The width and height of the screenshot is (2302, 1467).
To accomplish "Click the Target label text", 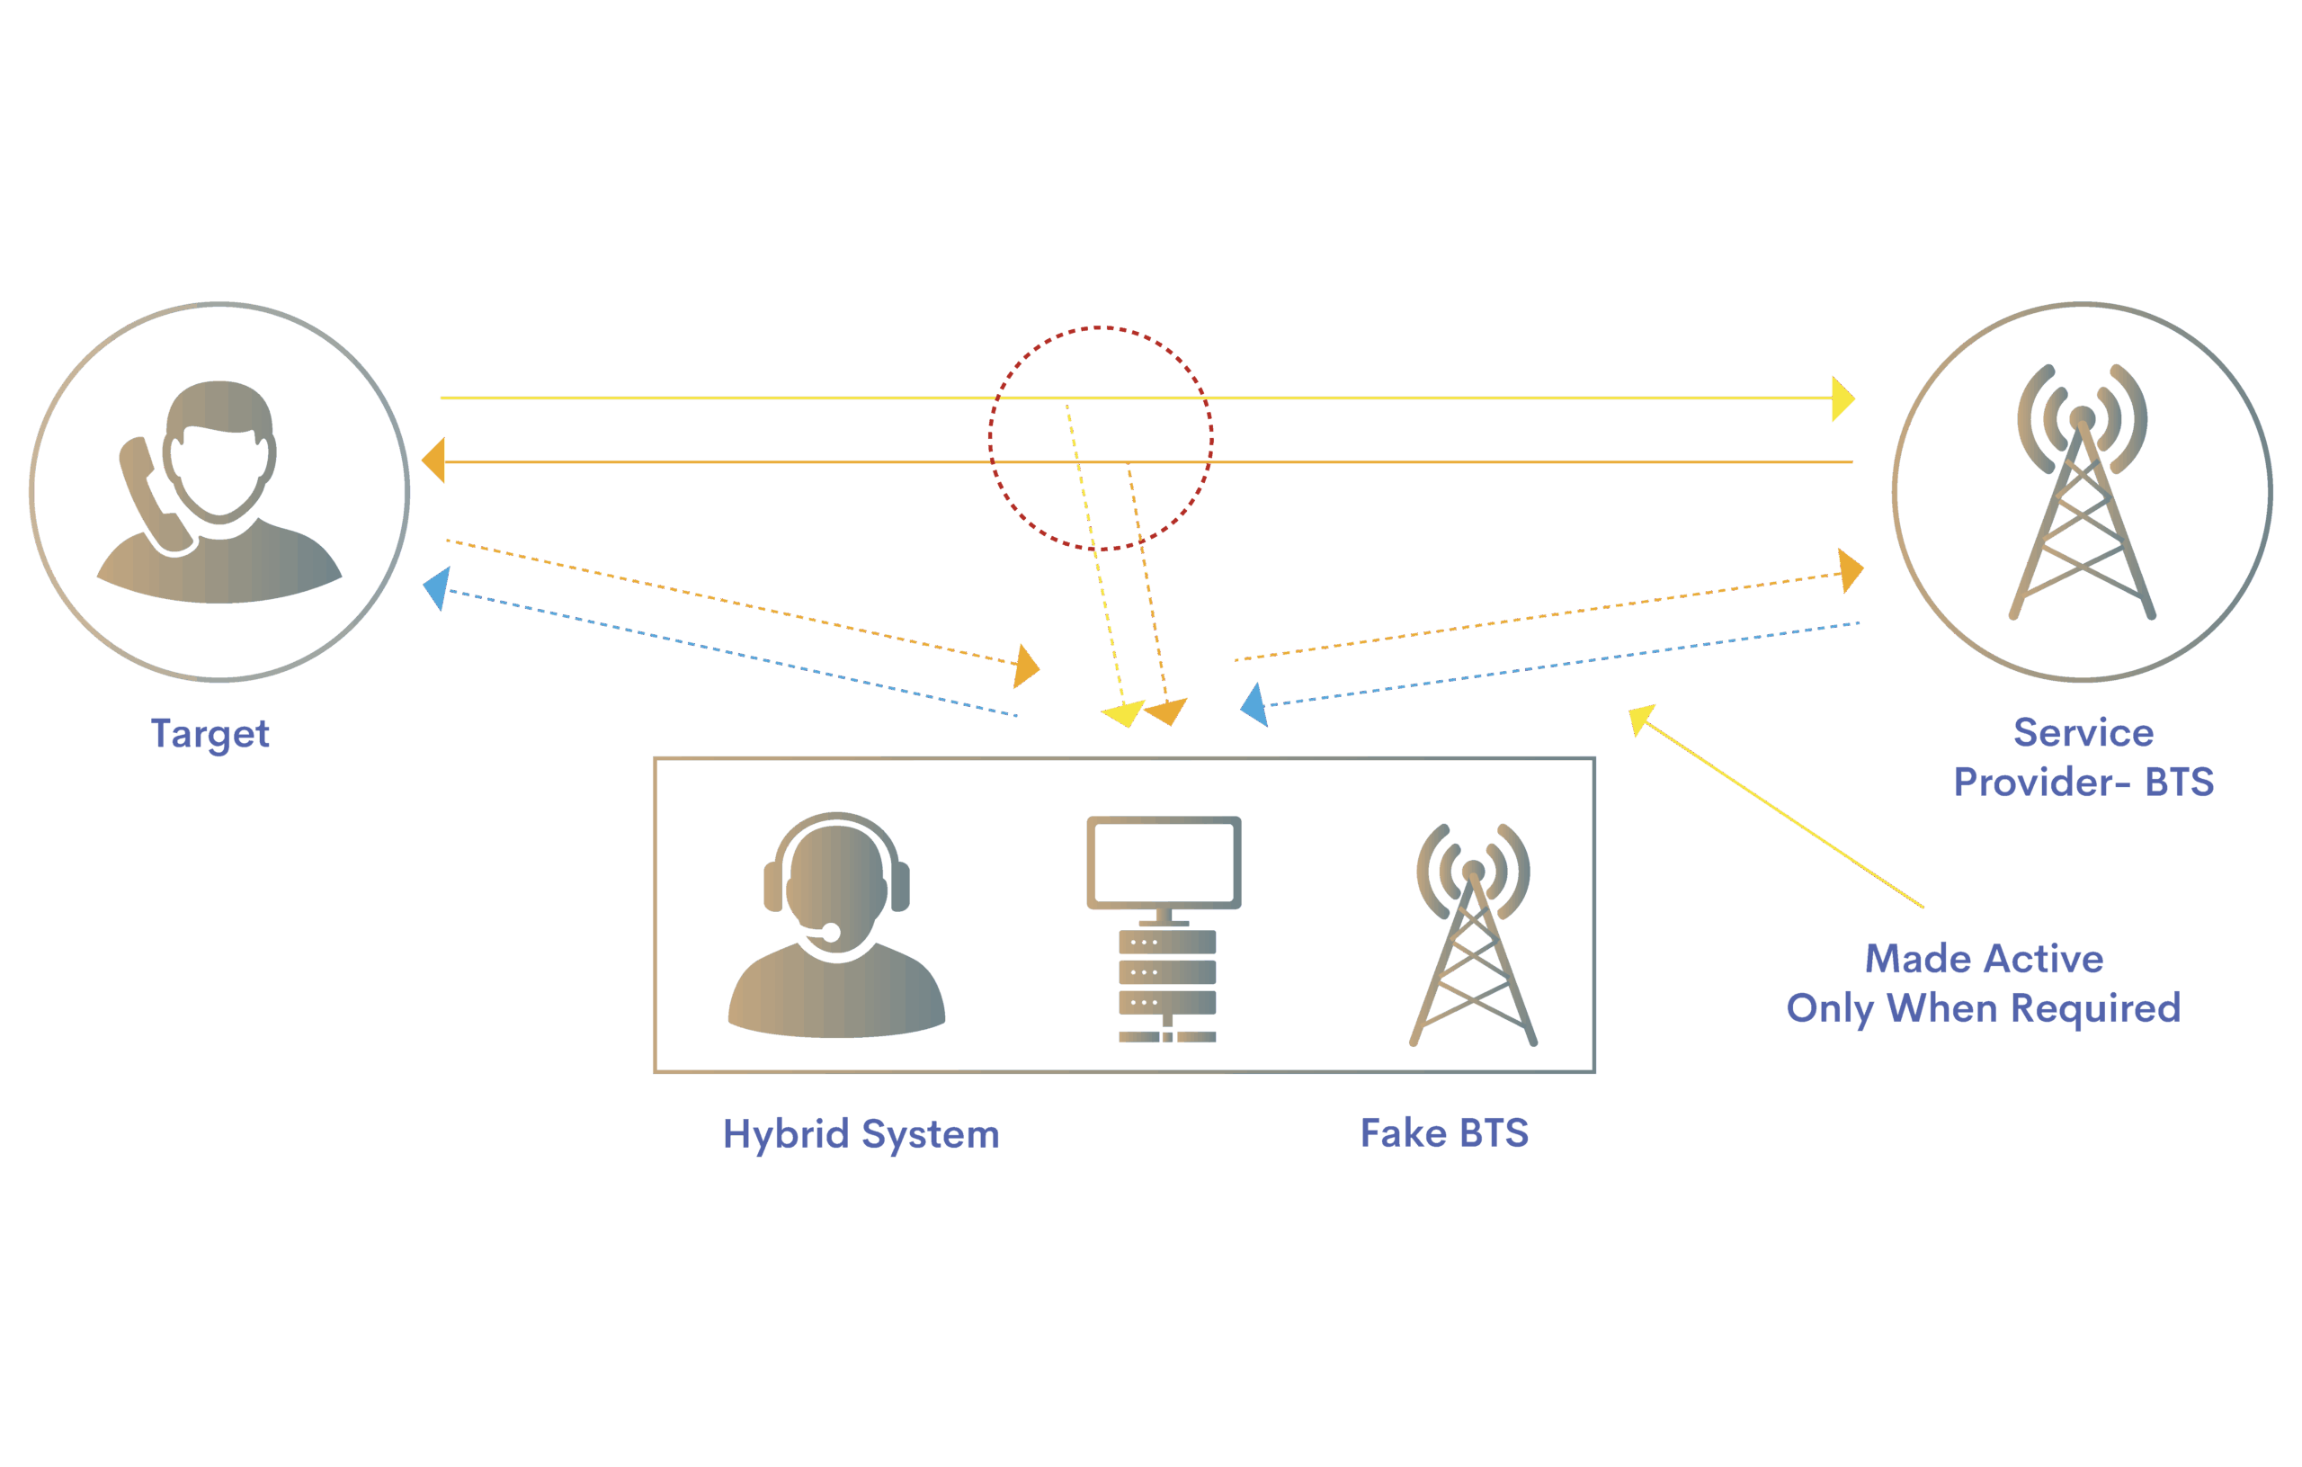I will click(x=210, y=734).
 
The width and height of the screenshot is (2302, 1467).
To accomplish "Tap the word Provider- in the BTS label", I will click(x=2041, y=783).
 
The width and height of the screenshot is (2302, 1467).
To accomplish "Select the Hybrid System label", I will click(x=861, y=1134).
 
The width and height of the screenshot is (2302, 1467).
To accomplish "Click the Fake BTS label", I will click(x=1444, y=1133).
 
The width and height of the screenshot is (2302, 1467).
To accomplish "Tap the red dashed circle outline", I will click(x=990, y=438).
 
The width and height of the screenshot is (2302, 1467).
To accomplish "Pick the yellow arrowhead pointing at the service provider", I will click(x=1842, y=398).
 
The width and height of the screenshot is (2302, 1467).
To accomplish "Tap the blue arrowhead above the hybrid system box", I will click(x=1254, y=705).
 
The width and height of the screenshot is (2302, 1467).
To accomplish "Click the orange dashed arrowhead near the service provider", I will click(x=1851, y=571).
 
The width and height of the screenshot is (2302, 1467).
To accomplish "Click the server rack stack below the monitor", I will click(x=1167, y=985).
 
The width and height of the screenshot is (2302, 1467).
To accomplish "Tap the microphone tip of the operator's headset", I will click(x=831, y=933).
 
